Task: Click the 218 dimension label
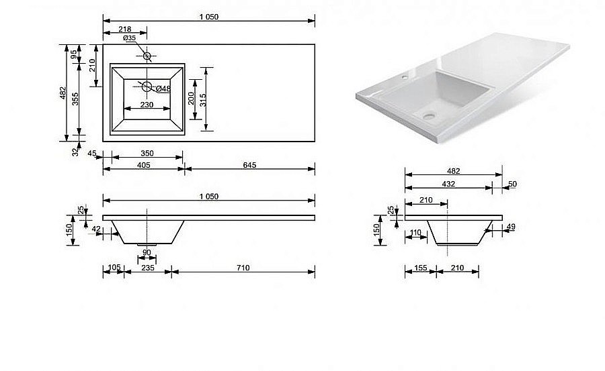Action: (124, 30)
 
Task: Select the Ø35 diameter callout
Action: (129, 39)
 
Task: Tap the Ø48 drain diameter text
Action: (163, 89)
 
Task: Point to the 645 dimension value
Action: (250, 164)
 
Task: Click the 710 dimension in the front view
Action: (243, 268)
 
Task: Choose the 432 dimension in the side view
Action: (448, 184)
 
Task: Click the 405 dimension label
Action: (143, 164)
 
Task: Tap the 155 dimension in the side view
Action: (421, 268)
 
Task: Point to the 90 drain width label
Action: (147, 252)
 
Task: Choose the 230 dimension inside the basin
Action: (147, 105)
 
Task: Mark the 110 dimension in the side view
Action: (415, 233)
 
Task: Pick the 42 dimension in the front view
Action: (96, 229)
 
